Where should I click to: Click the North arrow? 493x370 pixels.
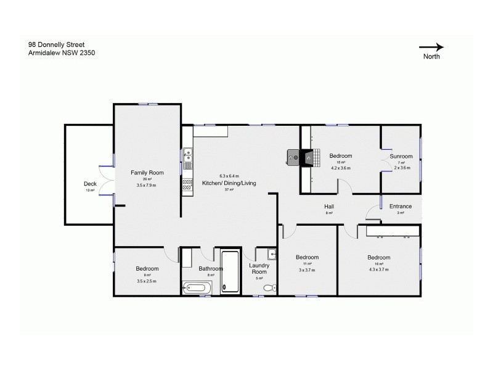point(431,46)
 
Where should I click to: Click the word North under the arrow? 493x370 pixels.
point(431,56)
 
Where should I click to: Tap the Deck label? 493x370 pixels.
point(90,184)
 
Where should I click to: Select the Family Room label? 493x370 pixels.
point(147,173)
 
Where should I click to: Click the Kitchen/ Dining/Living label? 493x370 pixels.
point(229,183)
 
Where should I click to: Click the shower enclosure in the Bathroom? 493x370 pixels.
point(230,271)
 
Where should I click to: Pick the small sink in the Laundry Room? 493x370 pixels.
point(272,254)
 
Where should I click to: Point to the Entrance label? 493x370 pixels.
point(400,206)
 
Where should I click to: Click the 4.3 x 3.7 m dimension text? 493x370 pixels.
point(378,269)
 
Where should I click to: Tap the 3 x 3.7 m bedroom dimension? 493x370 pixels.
point(306,269)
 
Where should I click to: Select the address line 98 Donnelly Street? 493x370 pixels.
point(57,45)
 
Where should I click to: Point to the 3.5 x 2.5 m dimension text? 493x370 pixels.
point(147,281)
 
